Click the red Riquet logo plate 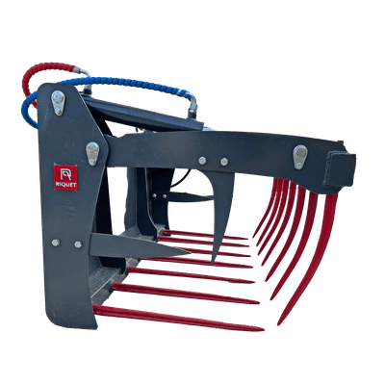coord(65,177)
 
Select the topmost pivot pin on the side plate coord(58,102)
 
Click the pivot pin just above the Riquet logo coord(92,153)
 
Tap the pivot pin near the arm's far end coord(300,157)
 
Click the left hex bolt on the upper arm coord(202,161)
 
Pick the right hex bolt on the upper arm coord(224,162)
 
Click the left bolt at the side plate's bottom coord(56,243)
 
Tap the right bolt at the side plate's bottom coord(78,244)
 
